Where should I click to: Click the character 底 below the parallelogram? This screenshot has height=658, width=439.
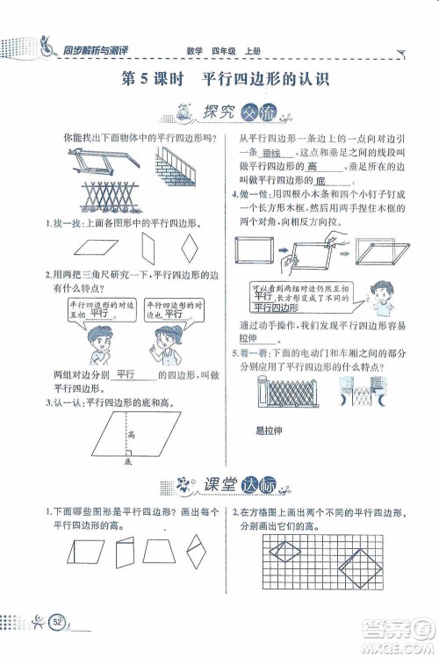(128, 460)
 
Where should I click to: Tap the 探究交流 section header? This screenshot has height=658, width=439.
(219, 112)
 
